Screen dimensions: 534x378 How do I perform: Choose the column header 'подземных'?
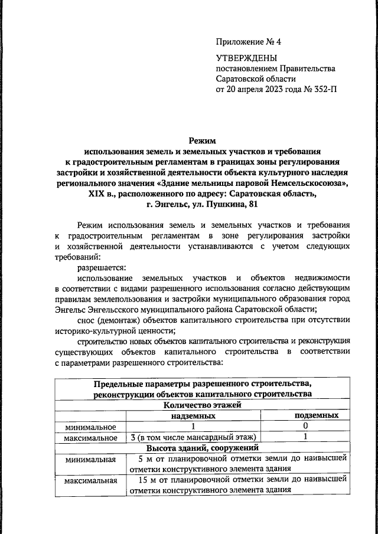point(316,416)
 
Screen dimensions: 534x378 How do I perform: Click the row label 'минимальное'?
point(91,427)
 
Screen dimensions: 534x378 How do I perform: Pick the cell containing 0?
point(305,426)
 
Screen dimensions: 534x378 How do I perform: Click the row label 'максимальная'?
point(91,480)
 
